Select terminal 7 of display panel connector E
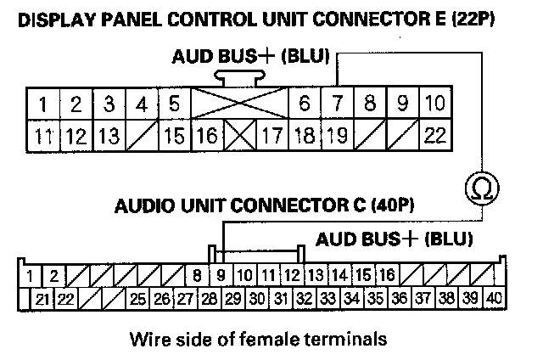coord(337,105)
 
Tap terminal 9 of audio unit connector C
coord(221,275)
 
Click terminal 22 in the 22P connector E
coord(435,134)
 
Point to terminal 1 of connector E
coord(42,105)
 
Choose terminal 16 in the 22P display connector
coord(206,134)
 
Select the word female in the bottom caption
coord(271,340)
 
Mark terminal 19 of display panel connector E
coord(337,134)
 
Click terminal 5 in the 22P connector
coord(174,105)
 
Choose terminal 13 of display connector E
coord(108,134)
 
